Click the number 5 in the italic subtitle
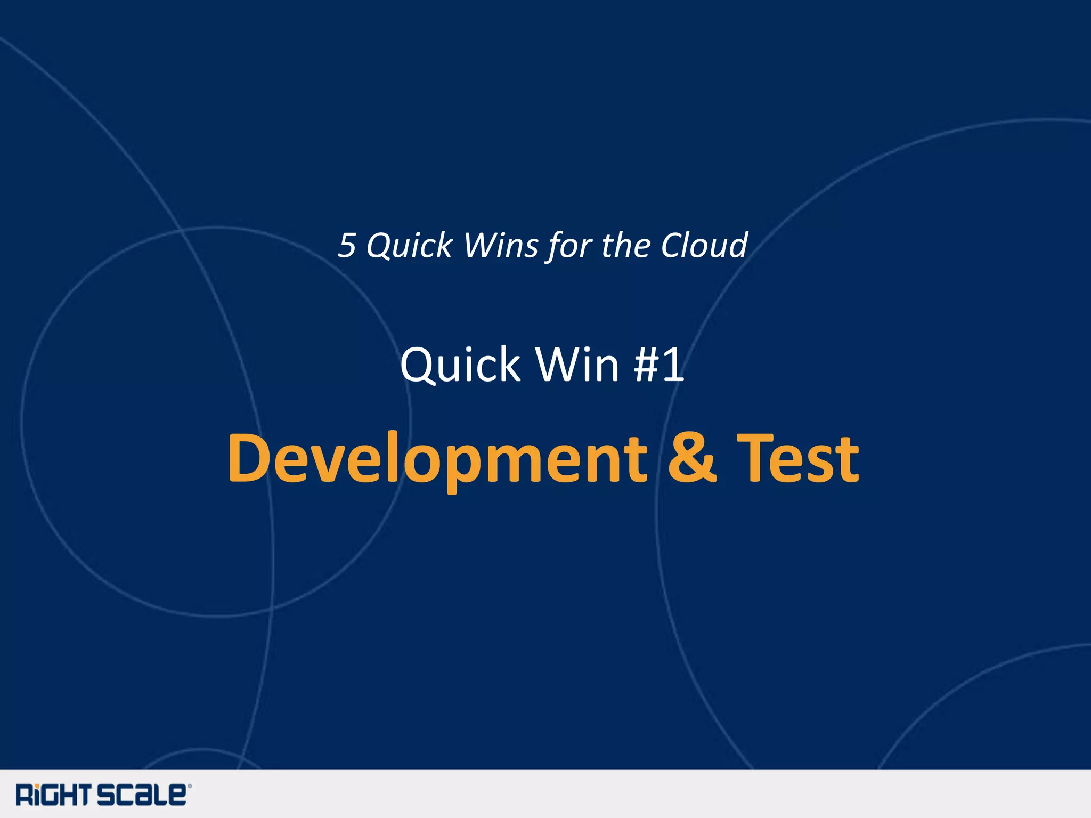[x=347, y=246]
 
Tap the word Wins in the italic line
[x=501, y=246]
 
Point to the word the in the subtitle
[x=625, y=246]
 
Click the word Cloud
[x=704, y=246]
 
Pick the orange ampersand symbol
[x=691, y=458]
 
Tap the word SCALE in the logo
[x=141, y=795]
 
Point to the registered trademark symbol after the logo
[x=190, y=786]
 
